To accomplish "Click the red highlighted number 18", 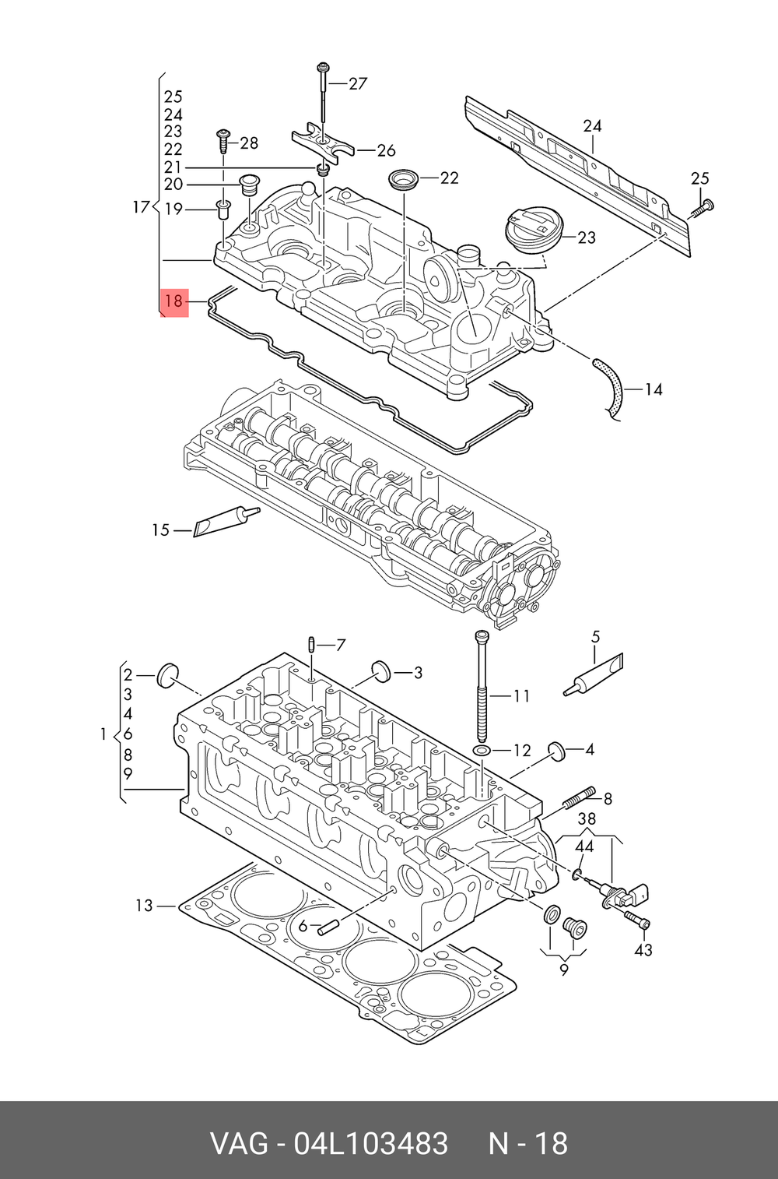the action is pyautogui.click(x=174, y=301).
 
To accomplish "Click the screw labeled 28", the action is pyautogui.click(x=223, y=140).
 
